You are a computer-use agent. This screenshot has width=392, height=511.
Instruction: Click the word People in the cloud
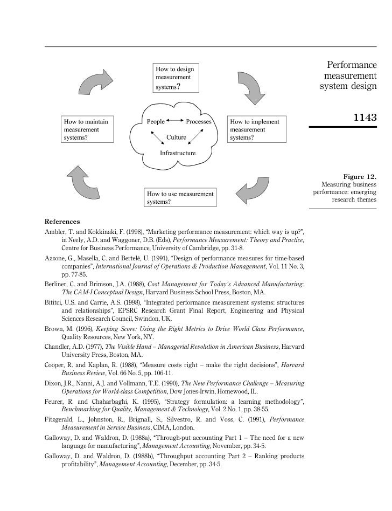pyautogui.click(x=156, y=122)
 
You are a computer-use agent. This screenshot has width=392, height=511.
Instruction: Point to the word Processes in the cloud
pyautogui.click(x=199, y=122)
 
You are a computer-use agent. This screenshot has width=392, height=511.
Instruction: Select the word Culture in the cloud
pyautogui.click(x=176, y=137)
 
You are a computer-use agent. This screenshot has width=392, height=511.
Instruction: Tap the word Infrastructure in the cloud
pyautogui.click(x=178, y=153)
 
